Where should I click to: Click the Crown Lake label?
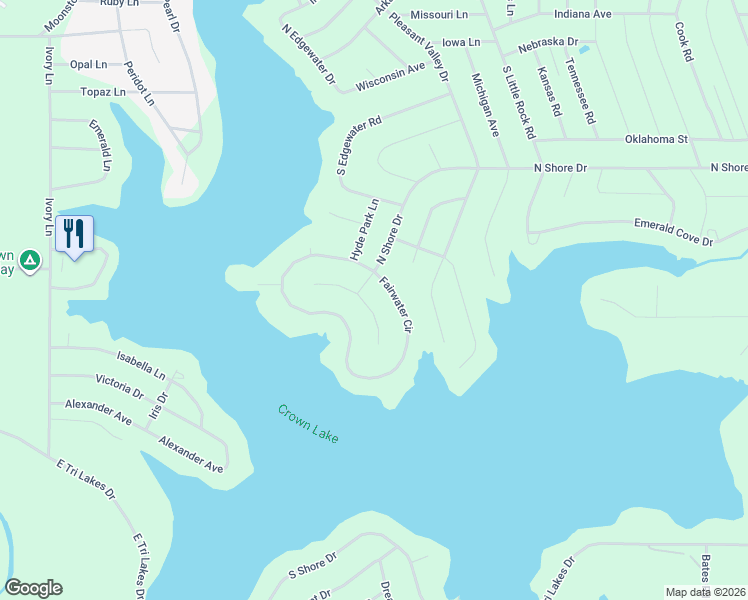click(308, 424)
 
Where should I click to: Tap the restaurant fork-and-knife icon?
click(74, 234)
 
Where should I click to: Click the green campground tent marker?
click(30, 261)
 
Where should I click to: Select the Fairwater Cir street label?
click(396, 305)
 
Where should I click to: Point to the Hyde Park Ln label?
click(364, 230)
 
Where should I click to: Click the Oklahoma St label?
click(656, 139)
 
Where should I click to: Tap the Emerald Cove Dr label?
click(678, 235)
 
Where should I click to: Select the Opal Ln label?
click(88, 64)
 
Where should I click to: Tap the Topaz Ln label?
click(103, 91)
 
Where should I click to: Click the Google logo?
click(33, 588)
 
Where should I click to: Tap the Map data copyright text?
click(706, 592)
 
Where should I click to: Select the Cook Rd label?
click(684, 43)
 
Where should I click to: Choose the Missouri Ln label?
click(439, 16)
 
